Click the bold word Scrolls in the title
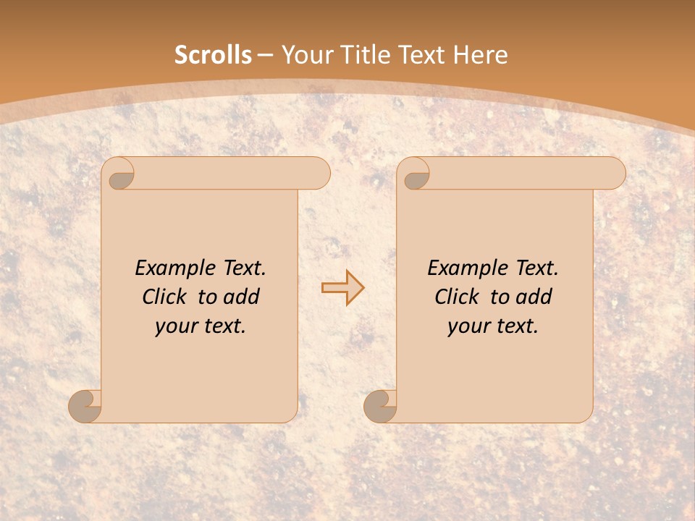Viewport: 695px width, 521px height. [x=213, y=55]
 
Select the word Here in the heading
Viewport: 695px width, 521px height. [x=480, y=55]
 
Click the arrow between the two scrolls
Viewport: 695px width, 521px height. [x=342, y=288]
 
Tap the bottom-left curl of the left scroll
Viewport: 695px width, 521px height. [x=85, y=406]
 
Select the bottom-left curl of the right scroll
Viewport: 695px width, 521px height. [x=381, y=406]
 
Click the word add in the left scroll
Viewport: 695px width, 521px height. [x=241, y=297]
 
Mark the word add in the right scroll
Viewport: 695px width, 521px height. [x=534, y=297]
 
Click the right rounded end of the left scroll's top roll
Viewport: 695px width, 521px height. [x=319, y=174]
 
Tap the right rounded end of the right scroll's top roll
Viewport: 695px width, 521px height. [x=614, y=174]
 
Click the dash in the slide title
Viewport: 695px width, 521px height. [x=265, y=56]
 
